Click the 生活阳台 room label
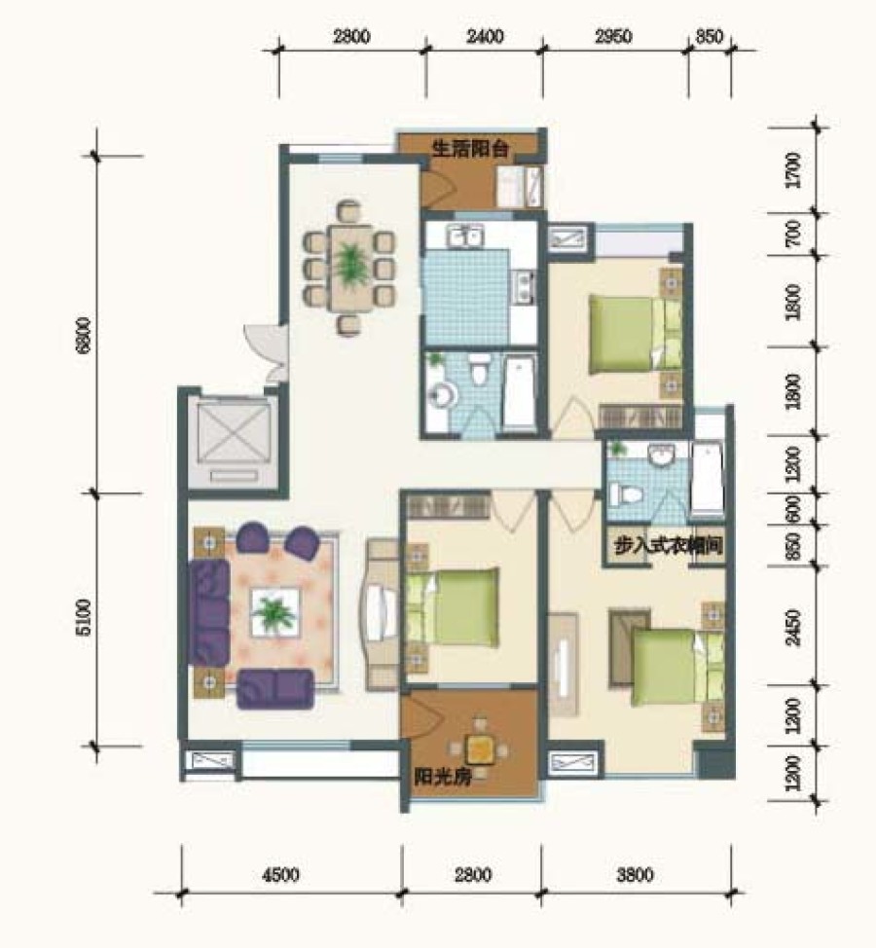[470, 149]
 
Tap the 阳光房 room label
[443, 777]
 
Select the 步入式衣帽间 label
[668, 546]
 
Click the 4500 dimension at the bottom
[281, 875]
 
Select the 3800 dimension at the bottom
[636, 875]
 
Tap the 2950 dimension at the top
[613, 36]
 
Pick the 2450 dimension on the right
[793, 627]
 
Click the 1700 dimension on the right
[793, 170]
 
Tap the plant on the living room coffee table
[274, 613]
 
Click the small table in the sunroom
[481, 750]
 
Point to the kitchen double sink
[464, 236]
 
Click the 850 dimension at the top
[710, 36]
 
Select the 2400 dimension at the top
[485, 36]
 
